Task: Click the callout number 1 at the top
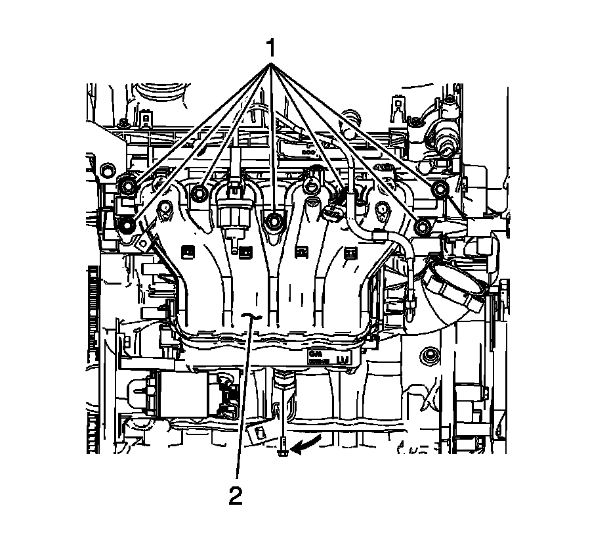[x=270, y=49]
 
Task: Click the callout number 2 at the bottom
[x=235, y=494]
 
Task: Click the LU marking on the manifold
[x=341, y=360]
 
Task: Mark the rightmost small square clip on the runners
[x=350, y=250]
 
